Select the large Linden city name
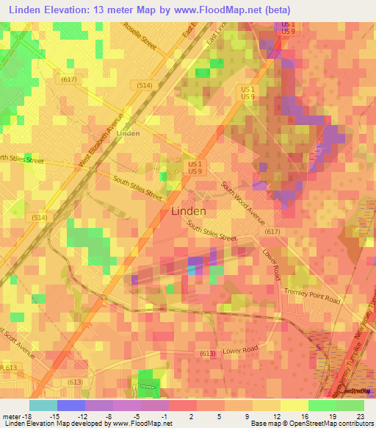pyautogui.click(x=188, y=210)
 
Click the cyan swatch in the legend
pyautogui.click(x=43, y=405)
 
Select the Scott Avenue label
pyautogui.click(x=19, y=338)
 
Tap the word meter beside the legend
pyautogui.click(x=11, y=417)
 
